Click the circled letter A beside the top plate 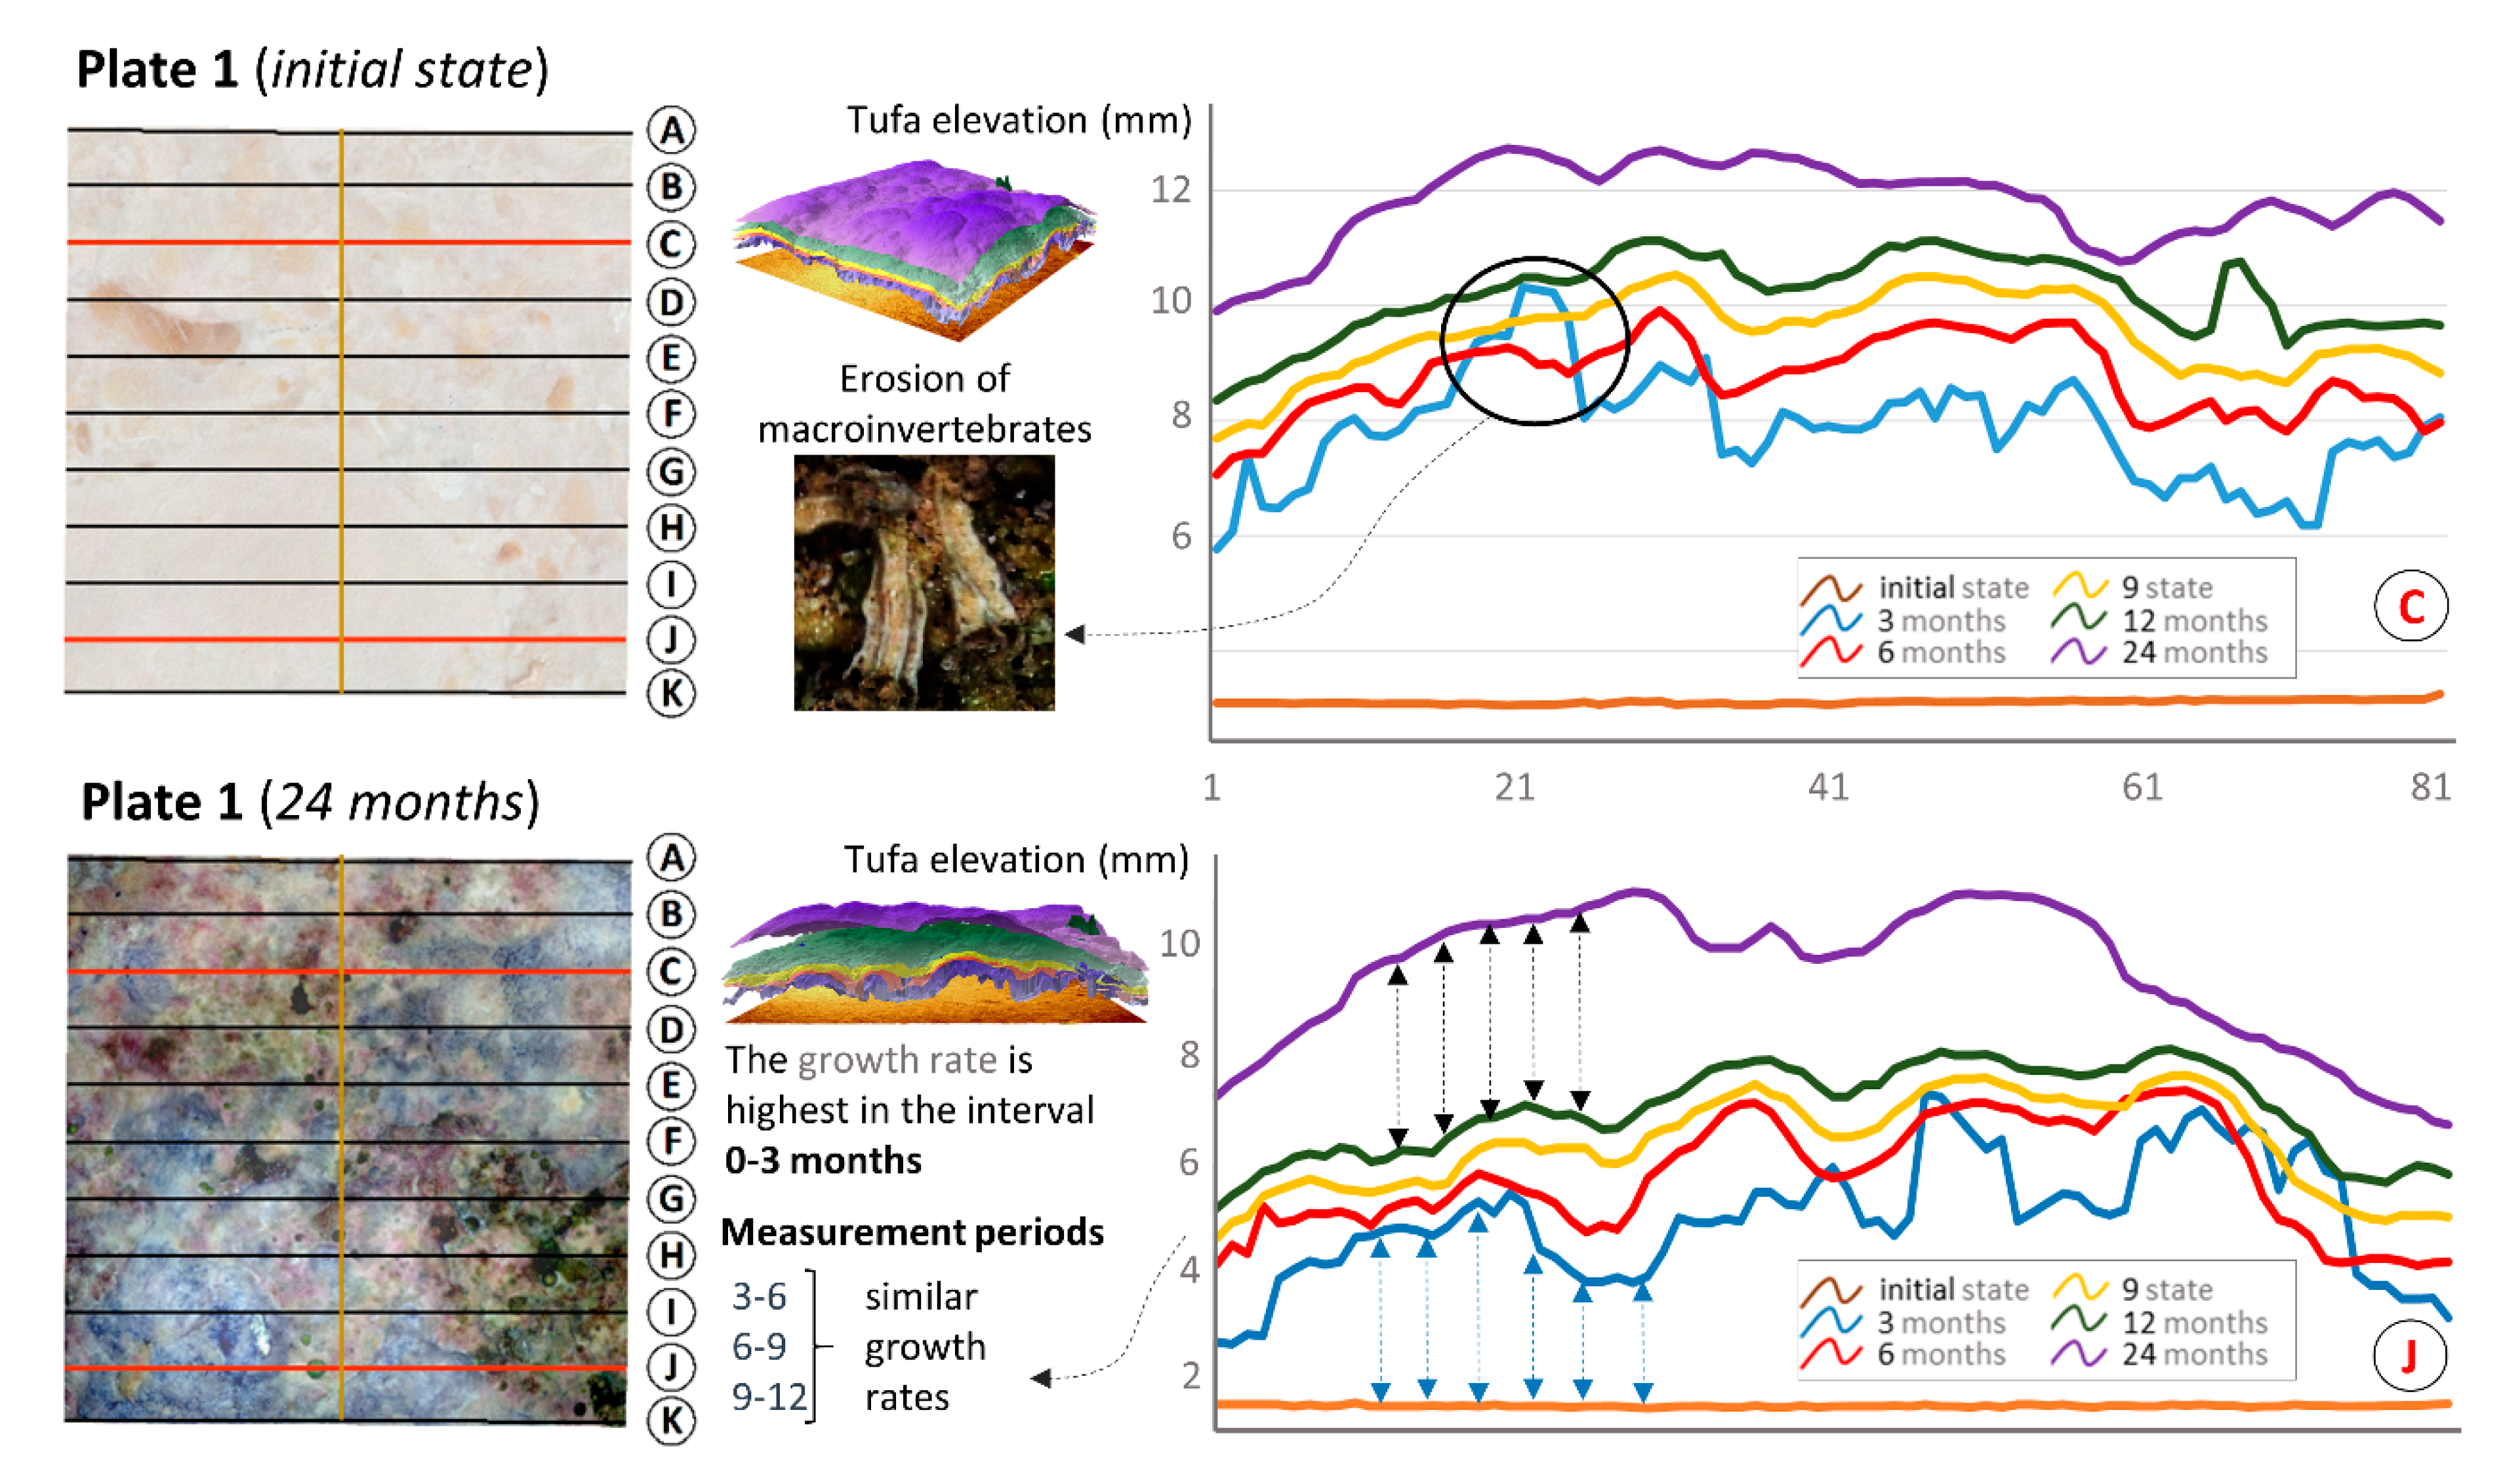point(671,130)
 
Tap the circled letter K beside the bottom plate point(671,1420)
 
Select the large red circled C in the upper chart point(2410,607)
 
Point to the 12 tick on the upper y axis point(1170,190)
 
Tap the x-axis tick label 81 point(2430,787)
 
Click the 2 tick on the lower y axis point(1191,1376)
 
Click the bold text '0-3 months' point(823,1160)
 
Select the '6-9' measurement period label point(758,1347)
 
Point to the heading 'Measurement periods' point(912,1232)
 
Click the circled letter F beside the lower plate point(671,1141)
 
